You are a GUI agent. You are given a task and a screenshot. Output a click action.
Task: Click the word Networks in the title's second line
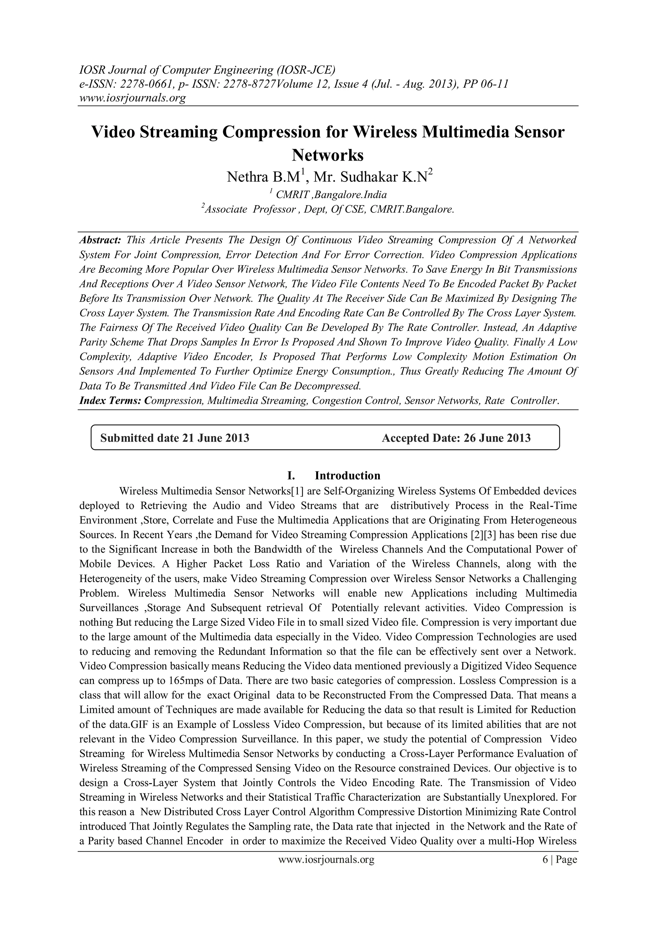[x=328, y=155]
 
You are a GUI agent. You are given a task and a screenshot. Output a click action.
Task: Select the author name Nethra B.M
[x=263, y=177]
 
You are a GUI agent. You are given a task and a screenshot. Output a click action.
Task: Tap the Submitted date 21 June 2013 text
[x=175, y=438]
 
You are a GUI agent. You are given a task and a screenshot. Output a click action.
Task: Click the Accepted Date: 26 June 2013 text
[x=456, y=438]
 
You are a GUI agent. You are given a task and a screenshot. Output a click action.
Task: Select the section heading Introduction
[x=348, y=475]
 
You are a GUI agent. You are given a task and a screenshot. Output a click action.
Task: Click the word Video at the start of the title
[x=113, y=132]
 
